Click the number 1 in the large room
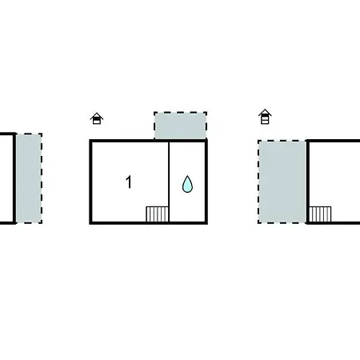[129, 182]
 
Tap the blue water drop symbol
[187, 184]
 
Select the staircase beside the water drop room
[158, 214]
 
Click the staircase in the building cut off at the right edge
[320, 214]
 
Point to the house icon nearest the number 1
[97, 118]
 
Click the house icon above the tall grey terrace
[265, 117]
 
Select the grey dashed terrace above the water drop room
[180, 126]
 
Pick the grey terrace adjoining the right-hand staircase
[282, 182]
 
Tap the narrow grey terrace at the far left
[29, 178]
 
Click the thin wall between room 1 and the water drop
[169, 182]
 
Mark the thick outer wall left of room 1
[90, 182]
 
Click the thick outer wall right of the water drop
[206, 182]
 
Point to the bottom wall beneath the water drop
[188, 223]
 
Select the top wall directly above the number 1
[129, 141]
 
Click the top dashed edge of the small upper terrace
[180, 112]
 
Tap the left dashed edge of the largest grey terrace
[258, 182]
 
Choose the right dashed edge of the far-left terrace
[42, 178]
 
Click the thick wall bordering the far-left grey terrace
[14, 178]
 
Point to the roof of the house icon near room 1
[97, 115]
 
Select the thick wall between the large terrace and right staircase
[307, 182]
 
